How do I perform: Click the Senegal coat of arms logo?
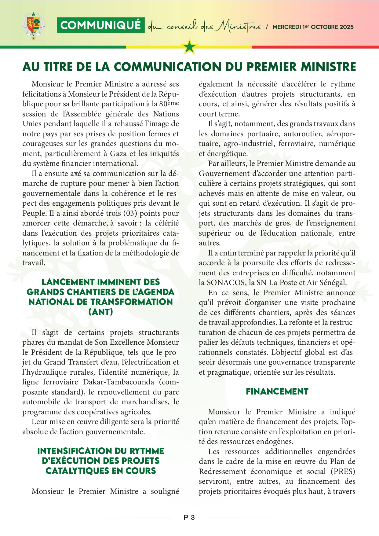33,26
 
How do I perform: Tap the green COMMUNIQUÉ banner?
100,25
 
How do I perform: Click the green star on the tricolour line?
190,47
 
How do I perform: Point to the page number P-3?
189,517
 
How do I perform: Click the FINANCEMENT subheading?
277,391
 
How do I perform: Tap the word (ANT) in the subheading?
100,312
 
